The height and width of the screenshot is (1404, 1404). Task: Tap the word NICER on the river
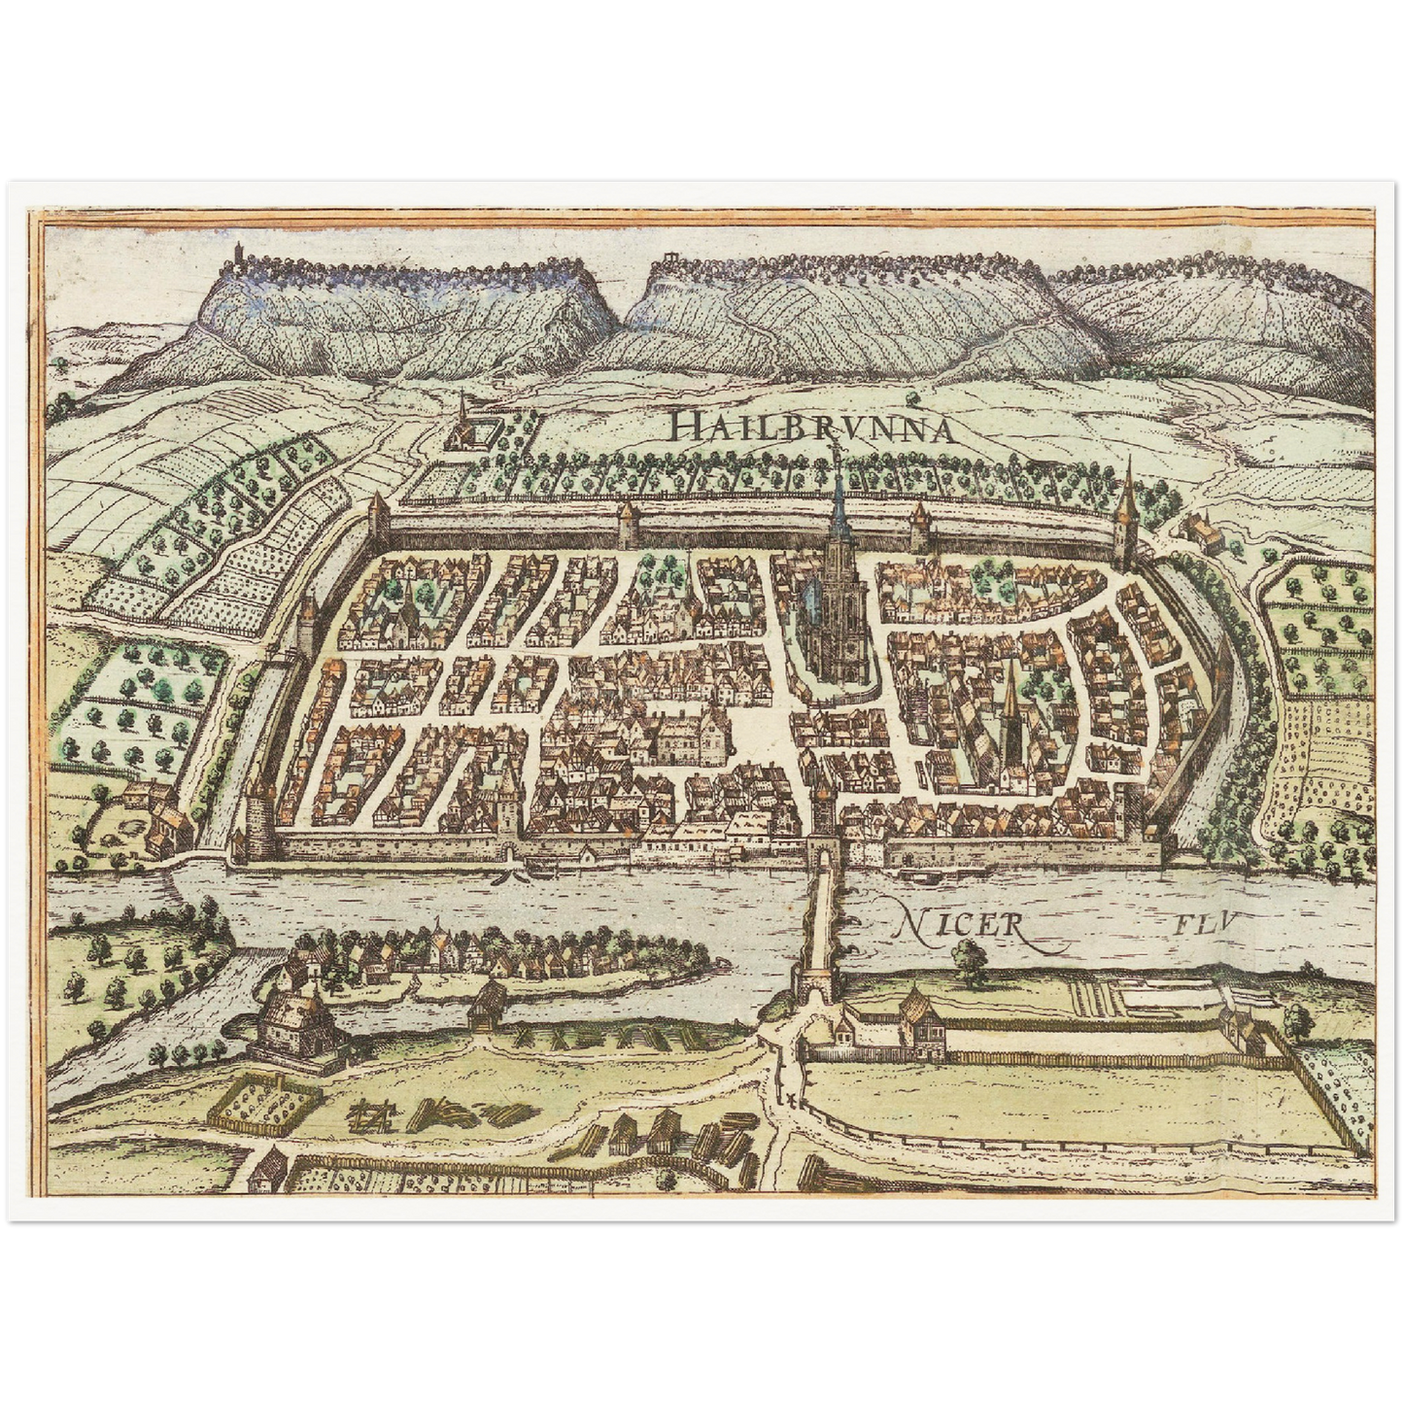[957, 924]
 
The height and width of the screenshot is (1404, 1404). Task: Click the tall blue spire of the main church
[839, 515]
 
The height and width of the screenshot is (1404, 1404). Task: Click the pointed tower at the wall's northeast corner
[1128, 515]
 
